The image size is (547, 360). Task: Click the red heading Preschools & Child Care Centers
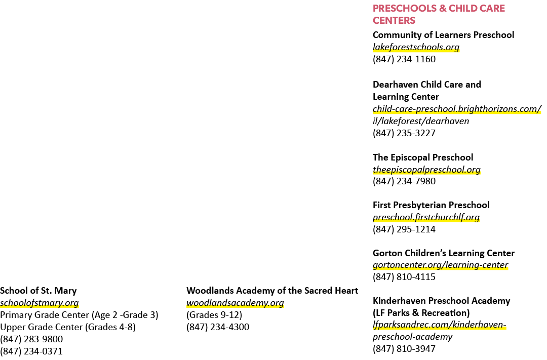pos(439,14)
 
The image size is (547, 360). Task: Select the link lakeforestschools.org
pos(416,47)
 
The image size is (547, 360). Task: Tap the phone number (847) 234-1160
pos(404,59)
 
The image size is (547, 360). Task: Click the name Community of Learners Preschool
pos(443,35)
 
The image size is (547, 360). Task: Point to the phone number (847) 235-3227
pos(404,133)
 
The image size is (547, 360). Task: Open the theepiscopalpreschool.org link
pos(426,170)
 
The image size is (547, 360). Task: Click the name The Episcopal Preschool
pos(423,157)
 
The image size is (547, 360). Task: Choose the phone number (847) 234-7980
pos(404,181)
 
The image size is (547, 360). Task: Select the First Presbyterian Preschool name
pos(431,205)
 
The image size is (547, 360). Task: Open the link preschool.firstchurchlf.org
pos(426,217)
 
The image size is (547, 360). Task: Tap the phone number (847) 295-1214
pos(404,229)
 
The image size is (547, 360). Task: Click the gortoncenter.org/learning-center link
pos(440,265)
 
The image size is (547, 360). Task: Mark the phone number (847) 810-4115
pos(404,277)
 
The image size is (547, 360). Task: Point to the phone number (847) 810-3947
pos(404,349)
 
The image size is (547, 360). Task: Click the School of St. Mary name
pos(38,291)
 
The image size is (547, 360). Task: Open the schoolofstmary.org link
pos(40,303)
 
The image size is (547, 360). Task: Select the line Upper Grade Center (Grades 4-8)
pos(68,327)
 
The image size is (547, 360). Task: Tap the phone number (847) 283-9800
pos(31,339)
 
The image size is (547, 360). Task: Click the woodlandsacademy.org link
pos(235,303)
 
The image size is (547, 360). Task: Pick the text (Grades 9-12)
pos(214,315)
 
